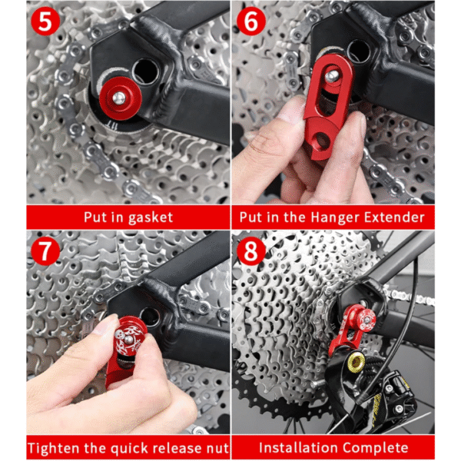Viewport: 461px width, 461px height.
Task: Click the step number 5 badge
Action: [x=45, y=22]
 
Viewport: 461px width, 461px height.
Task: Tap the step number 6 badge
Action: [x=250, y=22]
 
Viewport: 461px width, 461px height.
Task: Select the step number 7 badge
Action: [x=45, y=251]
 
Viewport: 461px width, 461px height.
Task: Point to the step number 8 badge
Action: [x=250, y=251]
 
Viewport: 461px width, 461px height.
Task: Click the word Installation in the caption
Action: [x=299, y=447]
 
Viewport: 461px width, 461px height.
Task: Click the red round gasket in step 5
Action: [x=121, y=99]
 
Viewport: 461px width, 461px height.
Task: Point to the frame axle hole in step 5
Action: [x=145, y=72]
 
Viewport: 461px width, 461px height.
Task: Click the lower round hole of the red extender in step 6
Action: [x=322, y=139]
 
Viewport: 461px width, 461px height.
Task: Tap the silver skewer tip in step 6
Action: [x=331, y=76]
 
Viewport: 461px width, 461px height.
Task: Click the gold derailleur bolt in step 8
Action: [x=356, y=362]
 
